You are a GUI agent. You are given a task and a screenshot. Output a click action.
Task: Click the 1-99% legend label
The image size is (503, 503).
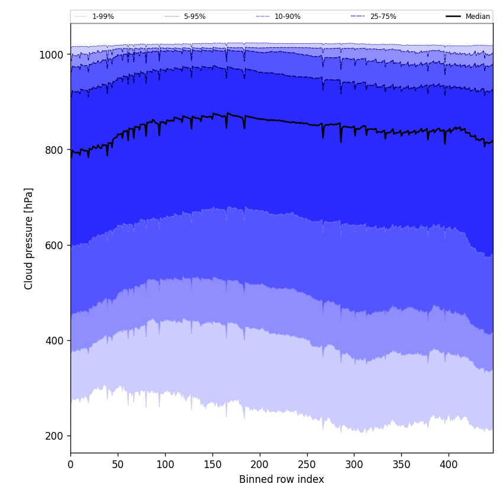[x=103, y=17]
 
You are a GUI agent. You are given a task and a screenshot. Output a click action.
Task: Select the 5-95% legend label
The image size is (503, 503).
[x=195, y=17]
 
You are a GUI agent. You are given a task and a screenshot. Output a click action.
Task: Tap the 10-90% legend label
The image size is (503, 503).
[x=287, y=17]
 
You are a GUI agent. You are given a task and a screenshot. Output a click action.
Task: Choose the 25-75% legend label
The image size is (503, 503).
[x=383, y=17]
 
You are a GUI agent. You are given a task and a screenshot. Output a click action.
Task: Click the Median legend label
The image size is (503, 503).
[x=478, y=17]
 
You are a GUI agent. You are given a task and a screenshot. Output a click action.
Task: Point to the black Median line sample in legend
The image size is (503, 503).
[x=453, y=17]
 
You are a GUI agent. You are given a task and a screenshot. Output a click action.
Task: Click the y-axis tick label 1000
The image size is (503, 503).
[x=51, y=55]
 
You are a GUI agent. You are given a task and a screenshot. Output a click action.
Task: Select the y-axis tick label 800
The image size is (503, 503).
[x=54, y=150]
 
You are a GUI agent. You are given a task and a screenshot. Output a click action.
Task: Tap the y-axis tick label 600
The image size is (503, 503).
[x=54, y=246]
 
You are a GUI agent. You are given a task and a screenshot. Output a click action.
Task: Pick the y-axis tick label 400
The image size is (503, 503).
[x=54, y=341]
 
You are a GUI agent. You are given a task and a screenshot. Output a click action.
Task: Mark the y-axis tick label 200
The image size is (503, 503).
[x=54, y=436]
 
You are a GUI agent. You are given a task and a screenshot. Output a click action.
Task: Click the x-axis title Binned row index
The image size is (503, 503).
[x=282, y=479]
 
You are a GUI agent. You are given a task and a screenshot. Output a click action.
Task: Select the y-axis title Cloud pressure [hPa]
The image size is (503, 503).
[x=29, y=238]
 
